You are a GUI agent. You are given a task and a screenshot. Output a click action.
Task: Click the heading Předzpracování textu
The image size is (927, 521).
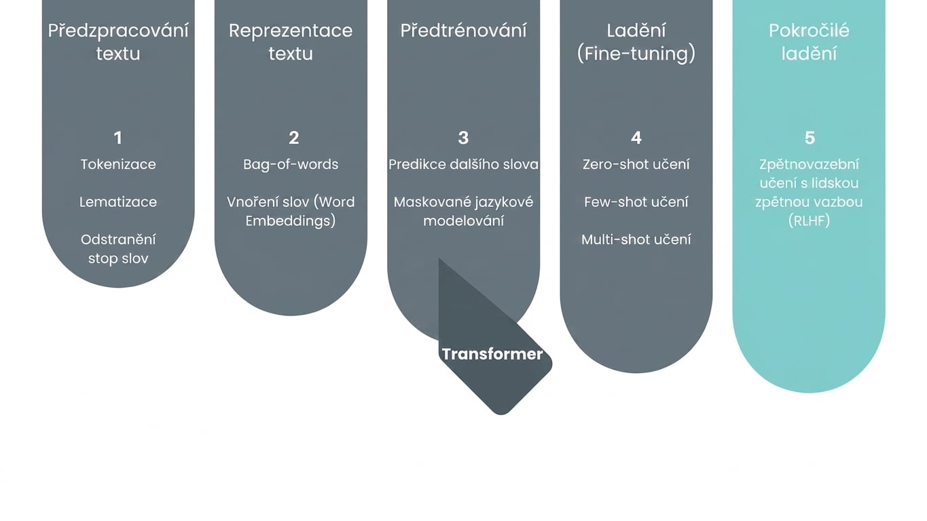[x=118, y=42]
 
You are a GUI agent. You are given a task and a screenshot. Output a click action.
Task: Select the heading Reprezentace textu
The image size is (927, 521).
[x=291, y=42]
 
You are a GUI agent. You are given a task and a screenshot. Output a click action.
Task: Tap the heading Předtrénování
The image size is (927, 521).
[x=463, y=31]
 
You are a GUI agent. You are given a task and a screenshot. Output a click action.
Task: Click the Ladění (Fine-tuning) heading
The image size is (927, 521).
[x=636, y=42]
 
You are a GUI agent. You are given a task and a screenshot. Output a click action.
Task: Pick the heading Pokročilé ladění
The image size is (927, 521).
[x=809, y=42]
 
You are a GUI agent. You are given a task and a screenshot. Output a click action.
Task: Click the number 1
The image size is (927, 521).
[x=118, y=138]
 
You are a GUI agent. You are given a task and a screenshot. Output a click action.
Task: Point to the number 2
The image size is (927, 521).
[x=294, y=138]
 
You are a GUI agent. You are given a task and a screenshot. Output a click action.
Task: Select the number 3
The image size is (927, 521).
[x=463, y=138]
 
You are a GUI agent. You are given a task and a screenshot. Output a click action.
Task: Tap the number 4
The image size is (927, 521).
[x=636, y=138]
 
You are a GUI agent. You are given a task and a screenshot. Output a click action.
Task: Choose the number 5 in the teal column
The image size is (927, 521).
[x=810, y=138]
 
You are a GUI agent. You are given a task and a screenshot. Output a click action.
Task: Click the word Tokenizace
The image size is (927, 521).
[x=118, y=165]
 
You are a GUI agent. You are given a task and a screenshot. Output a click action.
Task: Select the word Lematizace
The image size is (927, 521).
[x=118, y=202]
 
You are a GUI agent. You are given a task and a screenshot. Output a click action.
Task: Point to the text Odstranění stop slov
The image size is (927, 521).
[x=118, y=249]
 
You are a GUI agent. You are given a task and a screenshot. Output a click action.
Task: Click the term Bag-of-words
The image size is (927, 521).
[x=291, y=165]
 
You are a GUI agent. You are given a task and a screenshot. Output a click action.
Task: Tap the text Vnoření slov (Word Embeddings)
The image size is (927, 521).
[x=291, y=211]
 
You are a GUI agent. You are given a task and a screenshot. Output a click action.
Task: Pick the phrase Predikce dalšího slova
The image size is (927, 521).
[x=463, y=165]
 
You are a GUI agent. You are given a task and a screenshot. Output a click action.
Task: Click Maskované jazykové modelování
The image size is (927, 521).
[x=463, y=211]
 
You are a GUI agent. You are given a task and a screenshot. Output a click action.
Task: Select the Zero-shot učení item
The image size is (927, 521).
[x=636, y=165]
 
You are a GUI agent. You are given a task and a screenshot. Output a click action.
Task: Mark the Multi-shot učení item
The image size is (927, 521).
[x=636, y=240]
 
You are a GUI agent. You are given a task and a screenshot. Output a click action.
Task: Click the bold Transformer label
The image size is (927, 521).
[x=492, y=354]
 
